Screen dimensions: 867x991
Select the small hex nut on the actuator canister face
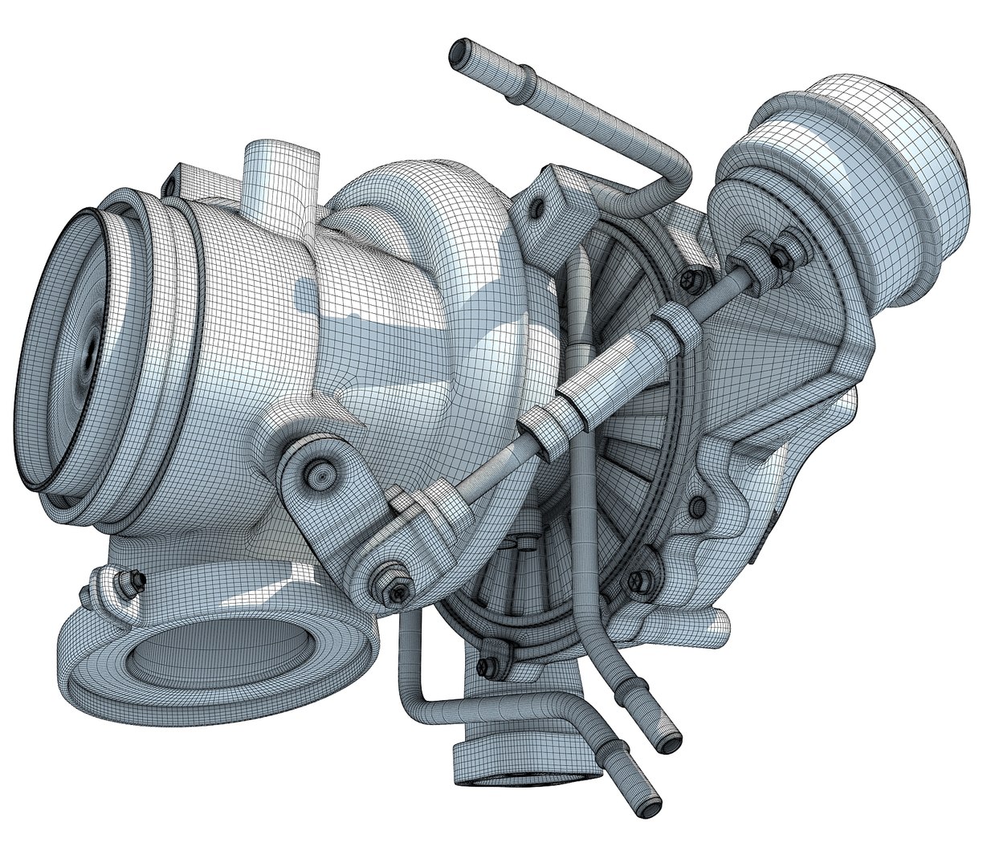(782, 256)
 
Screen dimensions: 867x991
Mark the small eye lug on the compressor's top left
(170, 185)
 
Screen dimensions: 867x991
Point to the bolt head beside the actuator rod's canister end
(689, 279)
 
